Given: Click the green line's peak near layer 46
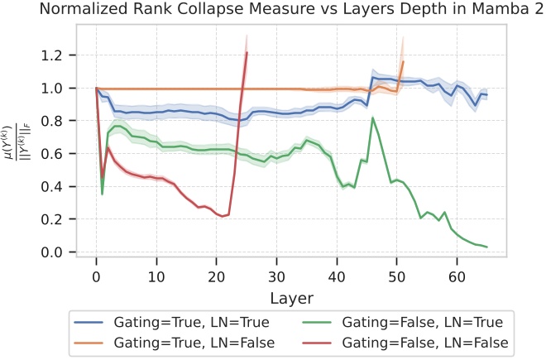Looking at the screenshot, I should [372, 118].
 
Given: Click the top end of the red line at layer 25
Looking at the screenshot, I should [247, 53].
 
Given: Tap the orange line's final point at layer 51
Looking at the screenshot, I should [403, 61].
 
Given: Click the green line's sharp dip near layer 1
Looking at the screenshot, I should [103, 194].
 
